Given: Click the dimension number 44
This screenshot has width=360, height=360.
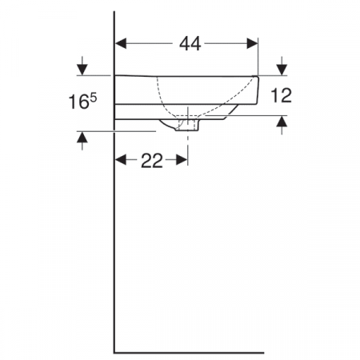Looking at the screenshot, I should tap(189, 44).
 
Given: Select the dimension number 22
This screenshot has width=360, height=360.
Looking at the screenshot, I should tap(152, 161).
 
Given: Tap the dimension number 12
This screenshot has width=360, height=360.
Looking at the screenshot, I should tap(281, 95).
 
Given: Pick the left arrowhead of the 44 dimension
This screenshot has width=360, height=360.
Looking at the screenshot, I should tap(122, 44).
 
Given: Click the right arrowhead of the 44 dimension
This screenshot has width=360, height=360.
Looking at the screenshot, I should tap(254, 44).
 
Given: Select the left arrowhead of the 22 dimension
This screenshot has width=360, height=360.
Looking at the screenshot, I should tap(122, 161).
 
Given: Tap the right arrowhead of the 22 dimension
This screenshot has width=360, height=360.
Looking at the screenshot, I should tap(183, 161).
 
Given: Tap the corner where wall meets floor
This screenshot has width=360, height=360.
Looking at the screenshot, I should tap(116, 351).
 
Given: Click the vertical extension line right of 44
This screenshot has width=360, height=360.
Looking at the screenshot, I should tap(258, 56).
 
